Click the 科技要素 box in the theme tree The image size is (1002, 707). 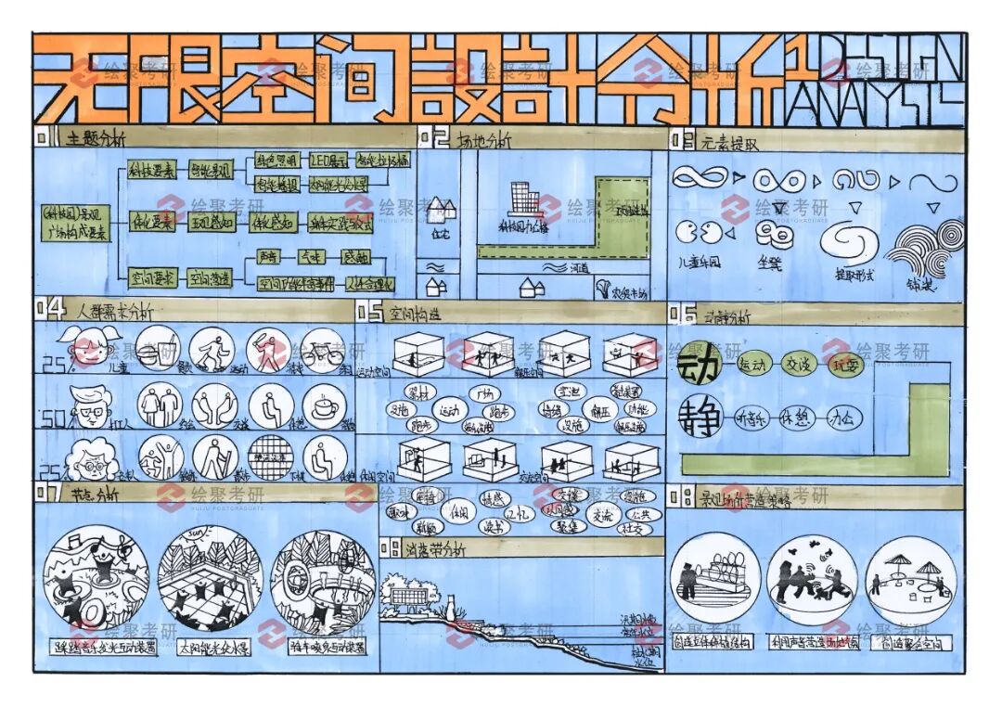pyautogui.click(x=150, y=172)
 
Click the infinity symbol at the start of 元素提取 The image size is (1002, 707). pyautogui.click(x=700, y=177)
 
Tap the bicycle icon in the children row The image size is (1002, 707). pyautogui.click(x=322, y=351)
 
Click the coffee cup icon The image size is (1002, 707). pyautogui.click(x=325, y=406)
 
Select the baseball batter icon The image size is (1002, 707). pyautogui.click(x=267, y=351)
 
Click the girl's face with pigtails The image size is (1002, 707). pyautogui.click(x=85, y=348)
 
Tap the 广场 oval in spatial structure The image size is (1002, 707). pyautogui.click(x=484, y=393)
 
